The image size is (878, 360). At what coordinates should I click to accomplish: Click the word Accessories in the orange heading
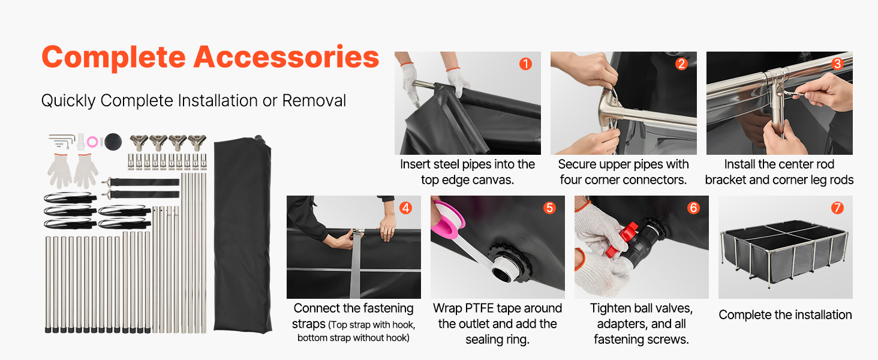[x=286, y=57]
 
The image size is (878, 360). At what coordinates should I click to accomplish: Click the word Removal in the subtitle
[x=314, y=100]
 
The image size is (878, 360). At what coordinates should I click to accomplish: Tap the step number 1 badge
[x=525, y=64]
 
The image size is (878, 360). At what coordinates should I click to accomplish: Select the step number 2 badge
[x=682, y=64]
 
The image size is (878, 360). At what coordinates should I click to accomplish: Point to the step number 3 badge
[x=838, y=64]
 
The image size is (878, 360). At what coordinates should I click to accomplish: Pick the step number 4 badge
[x=405, y=208]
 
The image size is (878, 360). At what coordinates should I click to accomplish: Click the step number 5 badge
[x=549, y=208]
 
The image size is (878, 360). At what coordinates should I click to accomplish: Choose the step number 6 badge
[x=693, y=208]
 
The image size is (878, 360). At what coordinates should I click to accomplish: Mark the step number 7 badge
[x=837, y=208]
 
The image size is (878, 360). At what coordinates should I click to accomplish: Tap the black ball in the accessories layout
[x=113, y=142]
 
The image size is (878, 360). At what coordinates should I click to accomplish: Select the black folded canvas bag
[x=243, y=235]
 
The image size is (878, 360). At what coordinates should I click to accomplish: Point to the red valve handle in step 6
[x=623, y=239]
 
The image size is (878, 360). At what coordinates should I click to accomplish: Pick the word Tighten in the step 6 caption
[x=611, y=309]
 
